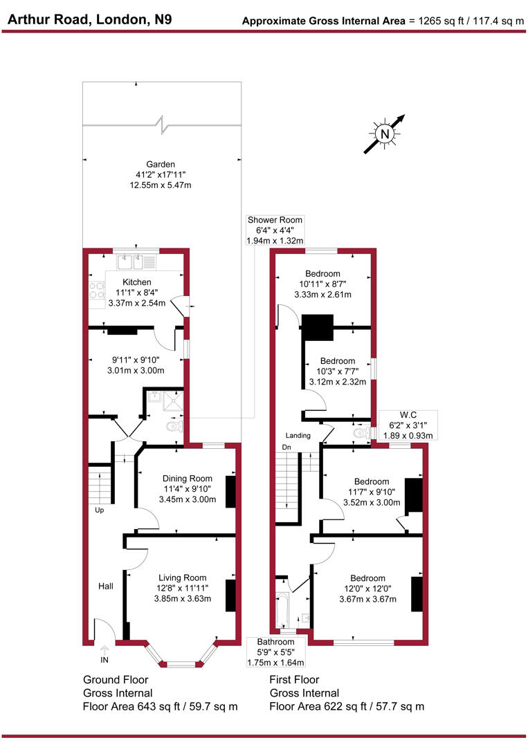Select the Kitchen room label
[x=137, y=282]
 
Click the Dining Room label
[x=187, y=479]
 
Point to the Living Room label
[x=183, y=578]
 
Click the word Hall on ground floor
[x=106, y=587]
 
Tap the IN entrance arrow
[x=104, y=651]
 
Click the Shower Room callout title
[x=275, y=221]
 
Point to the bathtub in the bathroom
[x=283, y=609]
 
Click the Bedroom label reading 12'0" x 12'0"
[x=367, y=578]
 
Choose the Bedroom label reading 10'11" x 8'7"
[x=324, y=273]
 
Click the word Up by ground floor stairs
[x=100, y=510]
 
